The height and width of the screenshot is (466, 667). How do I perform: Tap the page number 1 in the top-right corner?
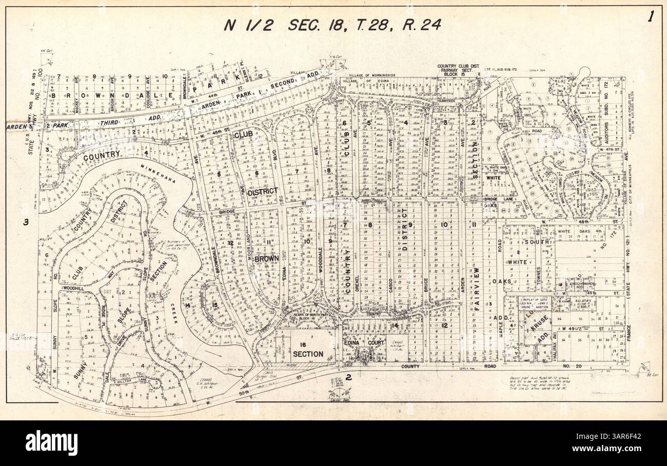click(651, 16)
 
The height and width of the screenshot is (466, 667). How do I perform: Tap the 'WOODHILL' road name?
click(72, 289)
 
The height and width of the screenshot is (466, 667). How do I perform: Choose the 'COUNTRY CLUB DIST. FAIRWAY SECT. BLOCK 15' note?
click(457, 70)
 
